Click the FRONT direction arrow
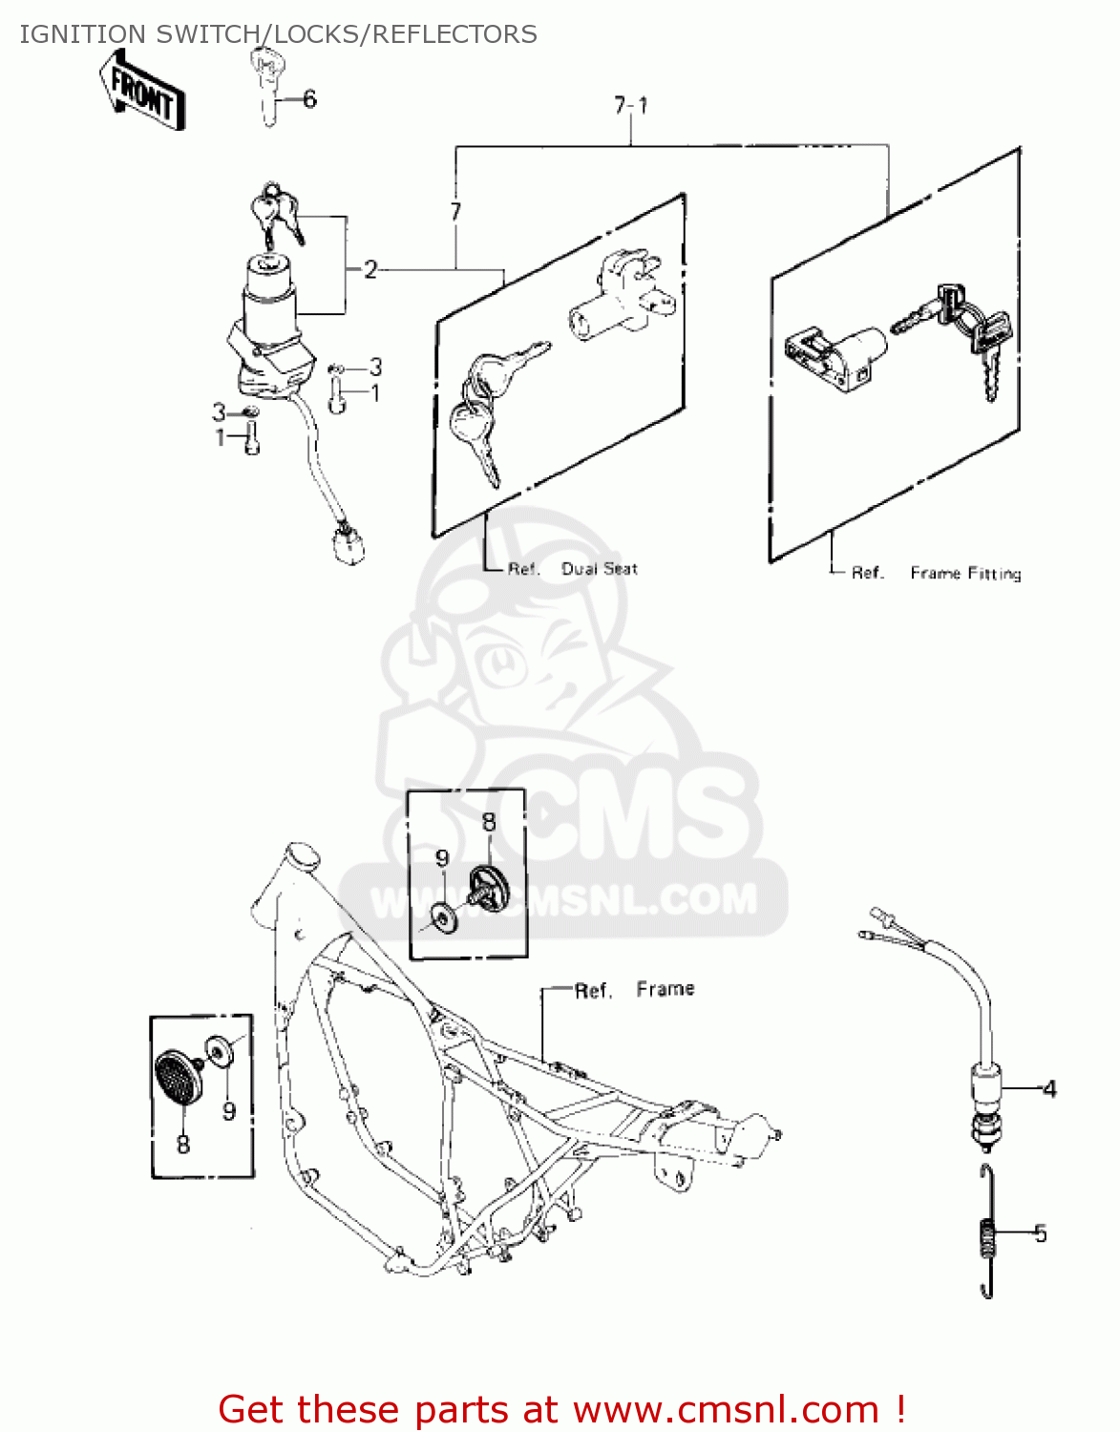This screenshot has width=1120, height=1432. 142,91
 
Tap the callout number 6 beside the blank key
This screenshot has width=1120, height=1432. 309,99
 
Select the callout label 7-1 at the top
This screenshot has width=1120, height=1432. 631,105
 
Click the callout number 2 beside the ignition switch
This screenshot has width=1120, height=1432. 370,270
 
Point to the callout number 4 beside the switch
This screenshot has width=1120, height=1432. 1049,1088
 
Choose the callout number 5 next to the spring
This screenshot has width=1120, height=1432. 1041,1233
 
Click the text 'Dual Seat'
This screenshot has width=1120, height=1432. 599,569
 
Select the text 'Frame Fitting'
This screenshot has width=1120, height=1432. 965,573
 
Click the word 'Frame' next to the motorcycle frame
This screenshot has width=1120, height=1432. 666,989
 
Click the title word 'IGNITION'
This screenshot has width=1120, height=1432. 82,34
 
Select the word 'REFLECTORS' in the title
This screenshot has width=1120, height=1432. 454,34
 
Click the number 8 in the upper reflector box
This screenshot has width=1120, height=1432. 489,822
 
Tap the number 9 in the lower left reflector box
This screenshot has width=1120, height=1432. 229,1111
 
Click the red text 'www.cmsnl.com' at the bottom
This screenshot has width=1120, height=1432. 727,1410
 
